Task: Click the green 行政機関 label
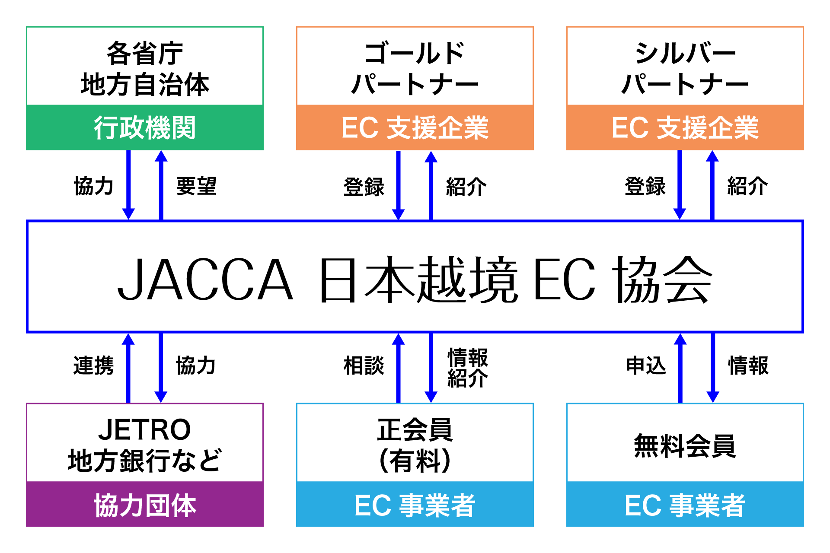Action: click(x=145, y=128)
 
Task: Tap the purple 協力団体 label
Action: click(x=145, y=505)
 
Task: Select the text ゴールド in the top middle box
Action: click(x=415, y=54)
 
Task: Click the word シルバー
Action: click(x=685, y=54)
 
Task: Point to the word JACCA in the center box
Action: click(x=205, y=279)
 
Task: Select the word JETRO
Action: click(x=145, y=429)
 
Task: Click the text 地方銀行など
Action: click(x=145, y=461)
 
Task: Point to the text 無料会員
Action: click(x=685, y=446)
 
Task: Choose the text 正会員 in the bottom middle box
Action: click(x=415, y=429)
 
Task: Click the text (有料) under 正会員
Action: click(x=415, y=461)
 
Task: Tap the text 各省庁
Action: click(x=145, y=54)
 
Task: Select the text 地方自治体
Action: click(x=145, y=85)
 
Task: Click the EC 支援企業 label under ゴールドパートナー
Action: click(x=415, y=128)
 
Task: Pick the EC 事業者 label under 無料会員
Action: click(x=685, y=505)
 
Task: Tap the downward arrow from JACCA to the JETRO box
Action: click(x=161, y=368)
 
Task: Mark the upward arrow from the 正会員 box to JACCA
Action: click(x=398, y=368)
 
